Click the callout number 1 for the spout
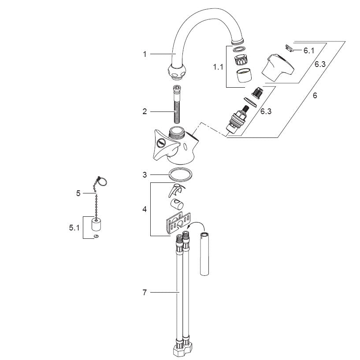145,54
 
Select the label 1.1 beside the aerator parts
218,67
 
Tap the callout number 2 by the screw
145,111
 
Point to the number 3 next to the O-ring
145,175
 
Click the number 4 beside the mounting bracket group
145,209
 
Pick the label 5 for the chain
78,193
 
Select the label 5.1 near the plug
74,228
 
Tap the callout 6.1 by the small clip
309,51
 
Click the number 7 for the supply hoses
145,293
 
